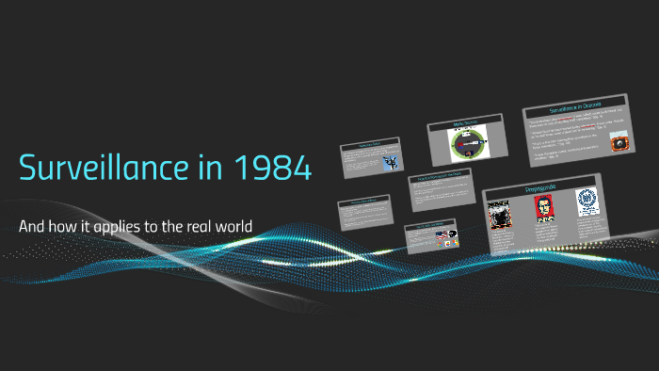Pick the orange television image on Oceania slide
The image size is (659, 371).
click(x=619, y=143)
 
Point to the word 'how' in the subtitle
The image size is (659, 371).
click(x=65, y=227)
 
